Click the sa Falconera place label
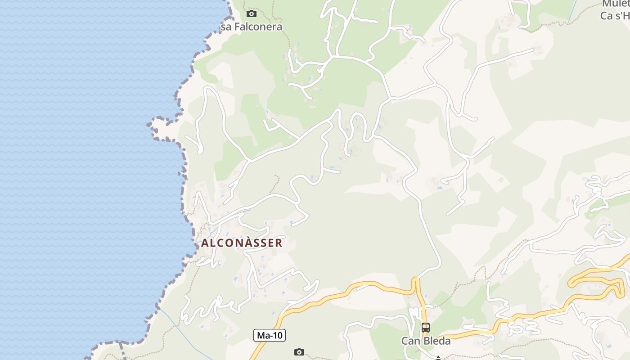tap(252, 27)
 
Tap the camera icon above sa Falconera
tap(252, 13)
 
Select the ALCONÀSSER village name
tap(242, 243)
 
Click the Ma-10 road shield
tap(270, 335)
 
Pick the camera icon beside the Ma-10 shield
tap(299, 352)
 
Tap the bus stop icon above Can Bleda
tap(426, 328)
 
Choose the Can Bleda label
tap(426, 341)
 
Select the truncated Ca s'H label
tap(615, 16)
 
